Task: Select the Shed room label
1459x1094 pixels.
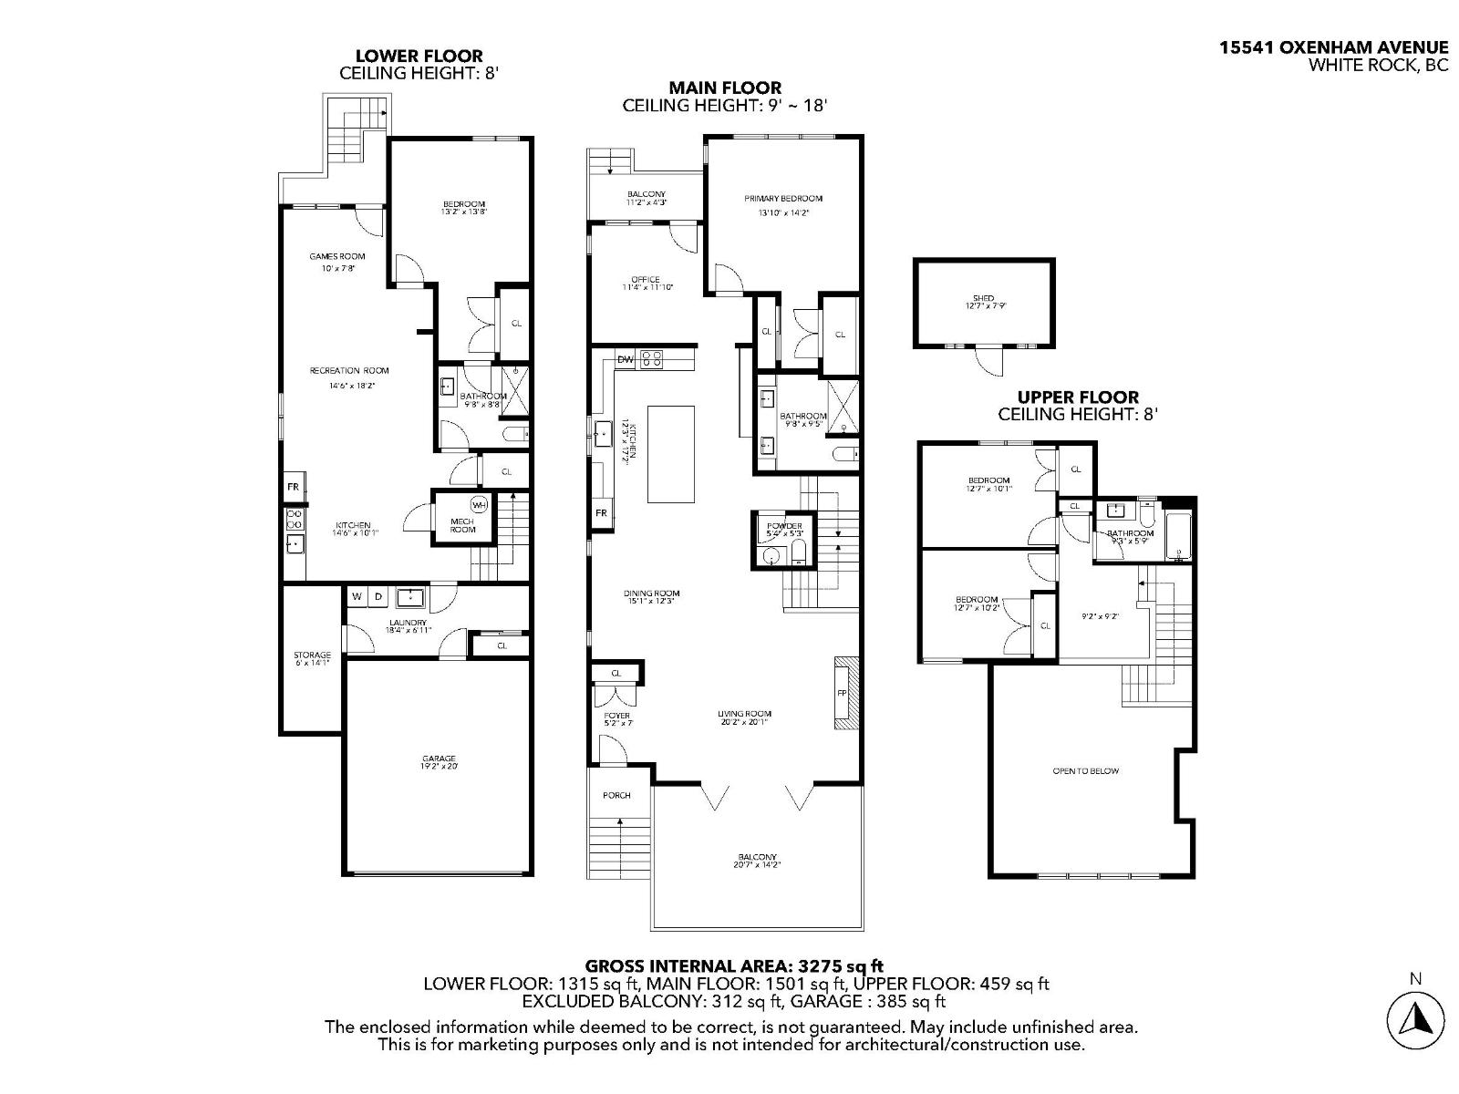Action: pos(983,298)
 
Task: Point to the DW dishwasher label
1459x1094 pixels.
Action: pos(626,359)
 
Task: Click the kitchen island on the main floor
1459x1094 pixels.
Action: pos(671,454)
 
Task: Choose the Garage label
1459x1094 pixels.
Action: pos(439,759)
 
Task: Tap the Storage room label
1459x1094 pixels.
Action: pos(312,655)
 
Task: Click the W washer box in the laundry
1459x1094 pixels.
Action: pos(357,596)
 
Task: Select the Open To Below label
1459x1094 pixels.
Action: pos(1085,771)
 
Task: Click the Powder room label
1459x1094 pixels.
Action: pos(784,526)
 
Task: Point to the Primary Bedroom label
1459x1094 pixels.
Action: pos(783,199)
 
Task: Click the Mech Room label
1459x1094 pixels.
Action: pos(462,525)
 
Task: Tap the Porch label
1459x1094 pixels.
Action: pos(616,795)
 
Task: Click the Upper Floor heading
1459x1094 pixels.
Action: pos(1078,397)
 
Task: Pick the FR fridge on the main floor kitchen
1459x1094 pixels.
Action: pos(602,513)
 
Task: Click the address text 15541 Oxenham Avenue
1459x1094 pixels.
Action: pos(1334,47)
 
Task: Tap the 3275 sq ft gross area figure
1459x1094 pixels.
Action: pos(841,965)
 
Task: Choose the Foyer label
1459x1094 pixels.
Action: pos(617,716)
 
